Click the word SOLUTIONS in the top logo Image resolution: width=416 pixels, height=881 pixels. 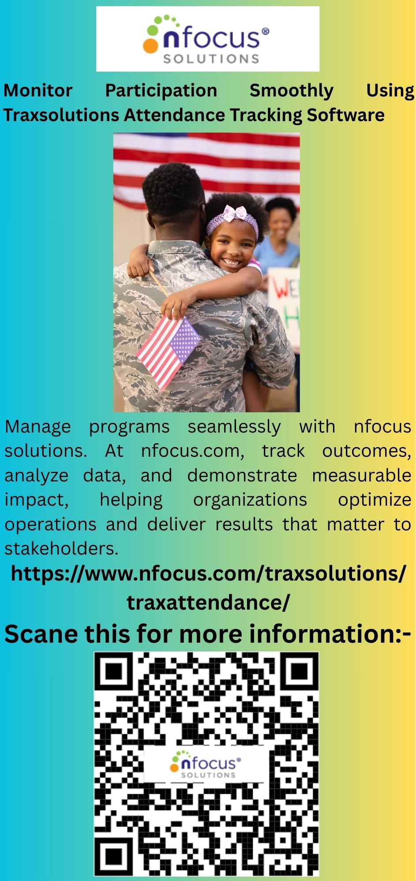coord(211,59)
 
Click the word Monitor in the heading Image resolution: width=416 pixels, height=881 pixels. coord(37,90)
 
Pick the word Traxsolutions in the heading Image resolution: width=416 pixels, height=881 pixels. coord(61,115)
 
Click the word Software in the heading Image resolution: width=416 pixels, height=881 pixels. coord(345,115)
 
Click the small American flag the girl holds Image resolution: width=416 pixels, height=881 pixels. coord(169,351)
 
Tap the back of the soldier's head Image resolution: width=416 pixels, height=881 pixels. coord(173,198)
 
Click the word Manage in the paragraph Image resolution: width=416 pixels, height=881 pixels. coord(37,427)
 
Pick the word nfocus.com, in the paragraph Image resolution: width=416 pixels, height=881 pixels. coord(193,451)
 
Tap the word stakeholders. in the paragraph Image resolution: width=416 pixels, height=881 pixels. coord(61,548)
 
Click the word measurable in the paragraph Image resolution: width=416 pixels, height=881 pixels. coord(362,476)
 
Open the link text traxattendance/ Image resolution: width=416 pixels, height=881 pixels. coord(208,602)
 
